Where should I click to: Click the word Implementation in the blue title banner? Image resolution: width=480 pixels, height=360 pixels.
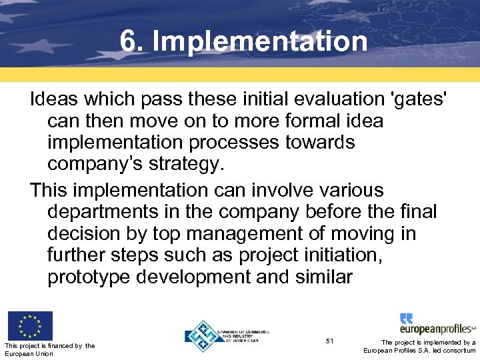[259, 41]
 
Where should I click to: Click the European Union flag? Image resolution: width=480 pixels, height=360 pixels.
[29, 326]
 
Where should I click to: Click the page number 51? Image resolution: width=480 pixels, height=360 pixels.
[329, 341]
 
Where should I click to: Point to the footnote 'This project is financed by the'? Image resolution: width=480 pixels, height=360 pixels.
[49, 345]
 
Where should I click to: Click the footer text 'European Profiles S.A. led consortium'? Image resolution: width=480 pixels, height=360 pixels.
[419, 351]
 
